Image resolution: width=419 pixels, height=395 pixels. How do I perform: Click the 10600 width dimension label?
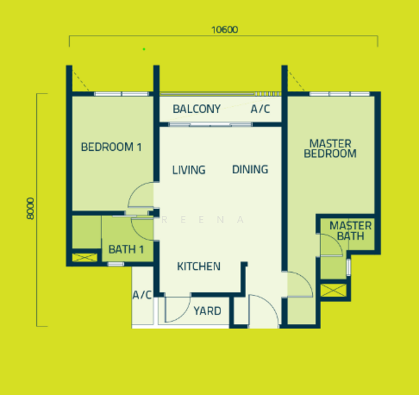point(224,30)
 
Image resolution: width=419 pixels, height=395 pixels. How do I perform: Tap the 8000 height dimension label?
point(30,208)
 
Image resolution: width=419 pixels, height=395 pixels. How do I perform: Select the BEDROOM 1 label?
point(111,147)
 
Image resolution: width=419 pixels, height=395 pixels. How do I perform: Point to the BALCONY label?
point(197,109)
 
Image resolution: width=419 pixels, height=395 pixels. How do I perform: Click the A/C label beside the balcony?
point(260,109)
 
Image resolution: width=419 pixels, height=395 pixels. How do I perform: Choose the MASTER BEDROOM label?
point(330,149)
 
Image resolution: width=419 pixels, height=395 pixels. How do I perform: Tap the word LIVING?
point(189,170)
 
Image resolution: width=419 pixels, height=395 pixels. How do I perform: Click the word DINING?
point(250,169)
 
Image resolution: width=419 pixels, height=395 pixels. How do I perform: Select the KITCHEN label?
point(199,266)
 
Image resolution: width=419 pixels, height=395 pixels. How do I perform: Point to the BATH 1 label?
point(126,250)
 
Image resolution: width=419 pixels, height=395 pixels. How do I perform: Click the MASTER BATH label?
point(351,231)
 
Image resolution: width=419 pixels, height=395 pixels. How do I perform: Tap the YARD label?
point(207,311)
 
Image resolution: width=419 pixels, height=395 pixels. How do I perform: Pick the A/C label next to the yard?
point(142,295)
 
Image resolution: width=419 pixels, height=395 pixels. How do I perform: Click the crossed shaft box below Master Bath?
point(333,290)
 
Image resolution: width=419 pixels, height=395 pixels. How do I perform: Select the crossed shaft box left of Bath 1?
point(84,257)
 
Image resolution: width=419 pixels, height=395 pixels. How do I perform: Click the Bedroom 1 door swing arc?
point(134,190)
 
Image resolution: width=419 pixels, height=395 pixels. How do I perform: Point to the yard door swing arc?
point(184,313)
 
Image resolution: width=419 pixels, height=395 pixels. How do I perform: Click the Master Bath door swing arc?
point(336,240)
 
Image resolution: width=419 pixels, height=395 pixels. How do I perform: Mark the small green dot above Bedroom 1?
point(144,49)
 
